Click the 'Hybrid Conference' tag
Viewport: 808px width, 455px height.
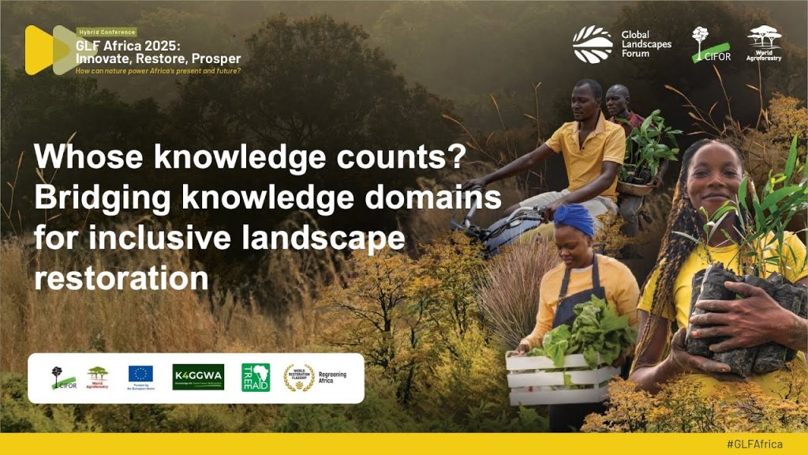(107, 32)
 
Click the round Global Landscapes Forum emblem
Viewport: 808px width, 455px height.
(593, 44)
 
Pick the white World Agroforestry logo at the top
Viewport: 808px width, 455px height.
(764, 43)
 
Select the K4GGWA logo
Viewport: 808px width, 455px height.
(198, 377)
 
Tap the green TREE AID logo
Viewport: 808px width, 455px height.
(256, 377)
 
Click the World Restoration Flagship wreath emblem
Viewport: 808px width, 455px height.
(298, 377)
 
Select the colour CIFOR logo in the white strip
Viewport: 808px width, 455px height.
(64, 378)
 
